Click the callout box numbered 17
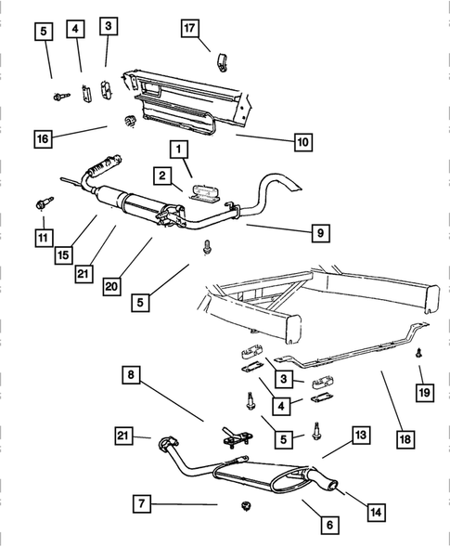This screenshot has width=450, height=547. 190,30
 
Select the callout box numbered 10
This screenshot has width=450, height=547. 302,142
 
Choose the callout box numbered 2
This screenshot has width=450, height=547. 161,175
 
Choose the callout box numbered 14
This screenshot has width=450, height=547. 376,511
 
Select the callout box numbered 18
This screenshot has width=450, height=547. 404,436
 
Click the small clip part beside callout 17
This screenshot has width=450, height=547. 223,65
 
